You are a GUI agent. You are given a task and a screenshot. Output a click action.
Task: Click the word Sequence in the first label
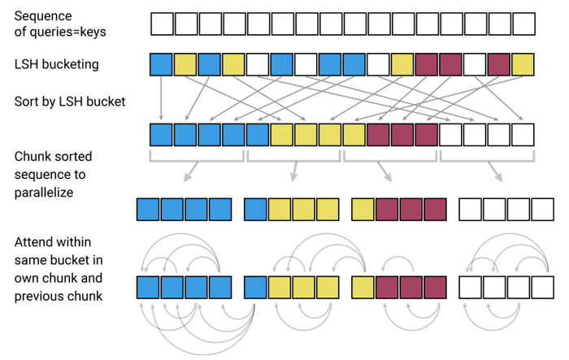43,16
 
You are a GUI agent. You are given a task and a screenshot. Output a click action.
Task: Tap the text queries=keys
67,32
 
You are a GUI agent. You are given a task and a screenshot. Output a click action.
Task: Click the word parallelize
44,193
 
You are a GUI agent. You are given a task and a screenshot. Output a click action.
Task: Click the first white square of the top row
162,24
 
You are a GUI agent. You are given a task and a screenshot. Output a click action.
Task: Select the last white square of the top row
523,24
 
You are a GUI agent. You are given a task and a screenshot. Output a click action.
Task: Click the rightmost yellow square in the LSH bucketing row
523,64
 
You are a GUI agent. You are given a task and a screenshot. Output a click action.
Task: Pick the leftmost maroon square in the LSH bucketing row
427,64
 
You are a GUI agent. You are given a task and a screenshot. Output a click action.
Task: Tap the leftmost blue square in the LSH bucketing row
161,64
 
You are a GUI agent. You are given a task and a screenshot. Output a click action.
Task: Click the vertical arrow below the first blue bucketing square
161,98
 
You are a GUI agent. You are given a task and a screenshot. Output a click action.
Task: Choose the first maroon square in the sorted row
378,135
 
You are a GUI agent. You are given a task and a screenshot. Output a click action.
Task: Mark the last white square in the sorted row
523,135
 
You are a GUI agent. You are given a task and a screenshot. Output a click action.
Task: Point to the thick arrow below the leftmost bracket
191,171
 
